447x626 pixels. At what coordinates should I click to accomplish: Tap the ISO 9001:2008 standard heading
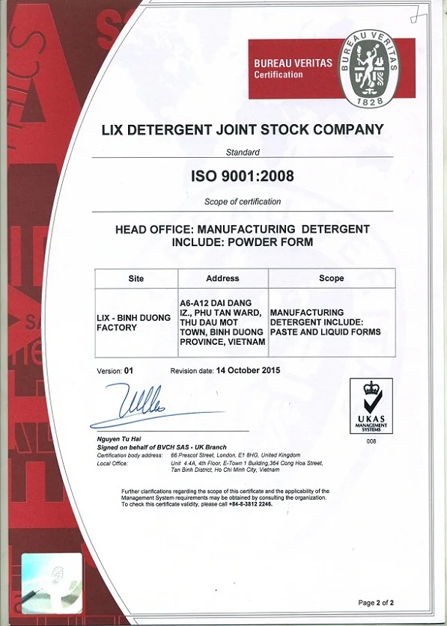coord(243,177)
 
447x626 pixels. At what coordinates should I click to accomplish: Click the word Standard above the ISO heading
coord(243,152)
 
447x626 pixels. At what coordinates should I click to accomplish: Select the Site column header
coord(136,278)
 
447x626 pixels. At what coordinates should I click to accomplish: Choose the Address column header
coord(222,278)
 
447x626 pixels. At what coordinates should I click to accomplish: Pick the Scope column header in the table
coord(331,278)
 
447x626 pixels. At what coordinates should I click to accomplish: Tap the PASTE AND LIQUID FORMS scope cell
coord(325,322)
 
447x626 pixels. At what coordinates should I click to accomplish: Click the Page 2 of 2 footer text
coord(376,602)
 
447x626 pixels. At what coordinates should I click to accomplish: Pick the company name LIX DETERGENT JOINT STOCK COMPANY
coord(243,129)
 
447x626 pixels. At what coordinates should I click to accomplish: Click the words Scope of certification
coord(243,201)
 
